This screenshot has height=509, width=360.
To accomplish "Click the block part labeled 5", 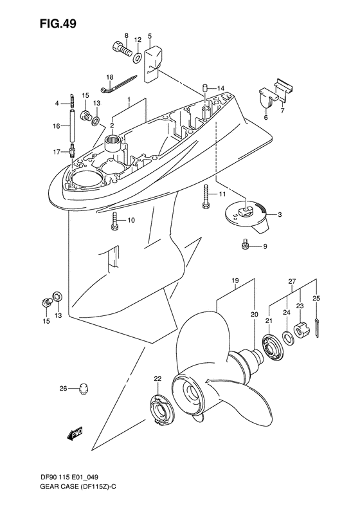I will click(x=152, y=64).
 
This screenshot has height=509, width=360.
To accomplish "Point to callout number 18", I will click(x=109, y=77).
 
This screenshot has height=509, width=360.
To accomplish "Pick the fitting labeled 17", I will click(x=73, y=152).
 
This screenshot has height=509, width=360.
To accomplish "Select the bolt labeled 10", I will click(x=114, y=220).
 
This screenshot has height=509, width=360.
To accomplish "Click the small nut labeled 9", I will click(x=246, y=244).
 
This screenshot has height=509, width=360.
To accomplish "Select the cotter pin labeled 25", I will click(x=319, y=327).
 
